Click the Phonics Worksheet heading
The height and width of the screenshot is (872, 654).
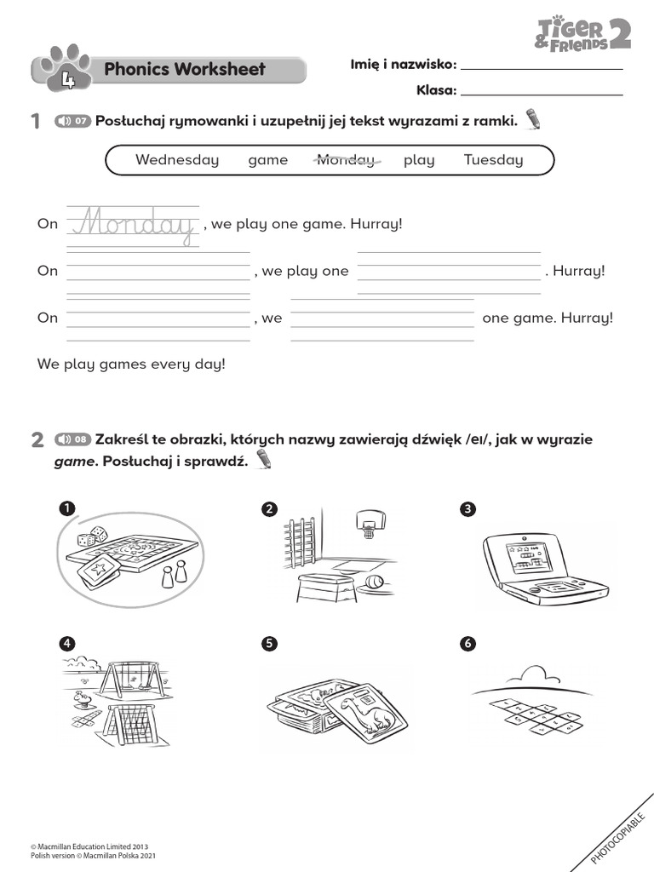point(184,70)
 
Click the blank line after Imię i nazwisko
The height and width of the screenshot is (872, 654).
point(541,67)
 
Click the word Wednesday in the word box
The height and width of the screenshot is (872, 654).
point(177,160)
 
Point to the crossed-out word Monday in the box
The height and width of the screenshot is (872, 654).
point(345,160)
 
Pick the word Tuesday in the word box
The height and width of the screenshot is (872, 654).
point(493,160)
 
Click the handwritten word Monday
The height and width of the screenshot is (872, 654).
point(135,224)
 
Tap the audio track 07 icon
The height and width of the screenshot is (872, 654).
point(72,121)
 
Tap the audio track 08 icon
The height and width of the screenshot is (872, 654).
point(72,439)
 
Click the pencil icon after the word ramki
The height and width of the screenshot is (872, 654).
point(534,119)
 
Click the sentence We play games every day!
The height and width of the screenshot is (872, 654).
point(131,364)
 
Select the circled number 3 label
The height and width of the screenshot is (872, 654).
point(467,509)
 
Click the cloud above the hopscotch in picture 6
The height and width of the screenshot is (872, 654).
point(542,676)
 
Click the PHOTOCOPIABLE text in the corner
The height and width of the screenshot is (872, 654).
point(618,838)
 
